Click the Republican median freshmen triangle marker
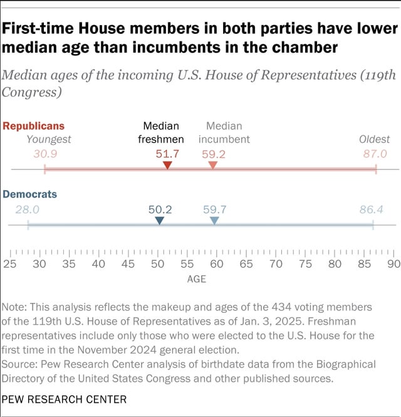(x=167, y=165)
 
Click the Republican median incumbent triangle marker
(x=213, y=165)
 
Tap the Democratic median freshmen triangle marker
(x=160, y=221)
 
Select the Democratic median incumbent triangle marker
(x=214, y=221)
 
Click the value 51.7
(x=168, y=153)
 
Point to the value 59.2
(x=213, y=153)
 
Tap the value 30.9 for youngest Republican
(x=46, y=153)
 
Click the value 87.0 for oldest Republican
(x=375, y=153)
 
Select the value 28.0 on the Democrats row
(x=28, y=209)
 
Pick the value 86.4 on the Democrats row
(x=372, y=209)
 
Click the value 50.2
(x=160, y=209)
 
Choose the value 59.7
(x=214, y=209)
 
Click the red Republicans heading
(x=34, y=125)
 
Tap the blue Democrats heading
(x=30, y=194)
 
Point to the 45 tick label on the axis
(x=128, y=264)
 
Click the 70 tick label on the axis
(x=276, y=264)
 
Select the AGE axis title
(x=197, y=279)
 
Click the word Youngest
(x=49, y=139)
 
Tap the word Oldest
(x=374, y=139)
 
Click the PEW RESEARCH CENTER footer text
(x=64, y=399)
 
